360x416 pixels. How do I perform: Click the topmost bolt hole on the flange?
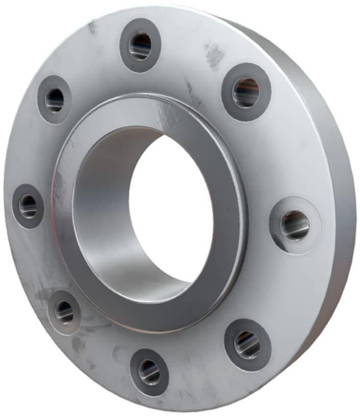[x=140, y=45]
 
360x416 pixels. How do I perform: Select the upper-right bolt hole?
[x=246, y=92]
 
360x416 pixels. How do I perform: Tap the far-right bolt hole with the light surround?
[x=295, y=225]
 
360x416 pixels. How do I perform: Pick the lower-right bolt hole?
[x=248, y=345]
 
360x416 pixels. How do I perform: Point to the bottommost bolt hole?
[x=149, y=372]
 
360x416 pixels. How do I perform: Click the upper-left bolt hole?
[x=54, y=100]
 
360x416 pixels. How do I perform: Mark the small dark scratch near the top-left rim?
[x=92, y=28]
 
